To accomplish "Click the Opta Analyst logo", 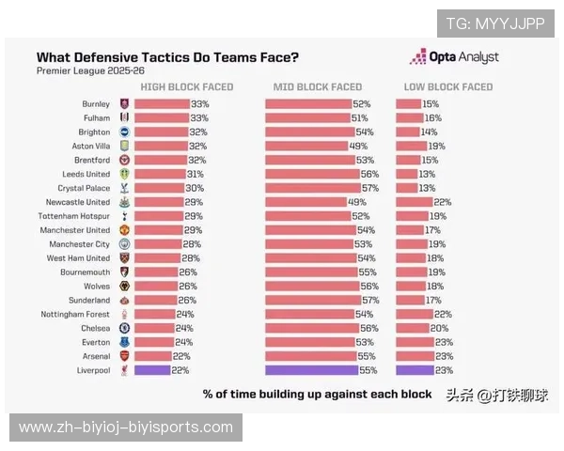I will click(x=454, y=57).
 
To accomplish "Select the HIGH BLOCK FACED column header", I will click(x=186, y=87).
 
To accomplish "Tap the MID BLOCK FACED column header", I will click(x=317, y=87).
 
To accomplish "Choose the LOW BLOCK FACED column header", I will click(x=447, y=87).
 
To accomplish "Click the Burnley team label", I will click(x=95, y=104).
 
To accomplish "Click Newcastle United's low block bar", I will click(x=414, y=202).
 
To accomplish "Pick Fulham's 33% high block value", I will click(x=199, y=118).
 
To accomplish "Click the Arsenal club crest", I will click(x=124, y=357).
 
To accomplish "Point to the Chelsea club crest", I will click(x=124, y=329).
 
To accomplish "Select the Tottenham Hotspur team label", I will click(x=77, y=216).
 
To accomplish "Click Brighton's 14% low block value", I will click(x=429, y=132).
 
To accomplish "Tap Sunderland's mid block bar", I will click(x=311, y=301).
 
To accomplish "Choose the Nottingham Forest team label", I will click(x=78, y=315).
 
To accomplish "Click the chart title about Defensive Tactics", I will click(x=167, y=57).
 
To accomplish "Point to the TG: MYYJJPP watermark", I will click(x=494, y=23).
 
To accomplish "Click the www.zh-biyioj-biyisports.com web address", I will click(x=125, y=428).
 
